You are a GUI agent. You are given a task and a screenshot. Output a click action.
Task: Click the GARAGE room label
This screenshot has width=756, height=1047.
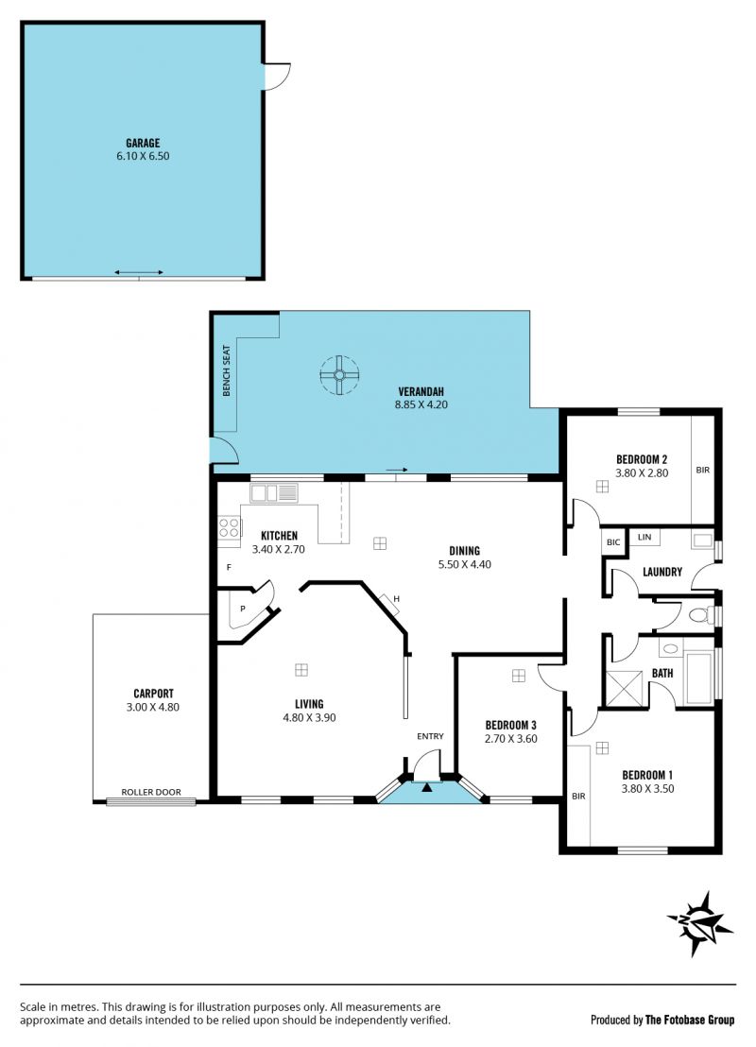(143, 143)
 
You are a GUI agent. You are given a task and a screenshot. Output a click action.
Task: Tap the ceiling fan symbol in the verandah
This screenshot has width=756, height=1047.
(339, 375)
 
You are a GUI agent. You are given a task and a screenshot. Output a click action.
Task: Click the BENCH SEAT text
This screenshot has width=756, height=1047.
(227, 370)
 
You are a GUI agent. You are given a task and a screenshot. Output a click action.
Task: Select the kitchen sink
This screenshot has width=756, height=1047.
(274, 492)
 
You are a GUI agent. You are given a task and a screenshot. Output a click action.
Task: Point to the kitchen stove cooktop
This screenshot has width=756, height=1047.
(229, 527)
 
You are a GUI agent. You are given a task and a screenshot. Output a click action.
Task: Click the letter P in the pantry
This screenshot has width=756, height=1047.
(243, 609)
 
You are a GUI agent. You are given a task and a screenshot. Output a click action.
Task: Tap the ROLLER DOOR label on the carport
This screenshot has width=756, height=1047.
(151, 792)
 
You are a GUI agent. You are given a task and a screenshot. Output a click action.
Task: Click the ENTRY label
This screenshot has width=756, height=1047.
(430, 736)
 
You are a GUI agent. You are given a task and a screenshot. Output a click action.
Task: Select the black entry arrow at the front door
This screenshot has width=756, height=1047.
(427, 787)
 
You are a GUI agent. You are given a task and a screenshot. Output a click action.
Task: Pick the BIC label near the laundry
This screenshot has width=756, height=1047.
(613, 542)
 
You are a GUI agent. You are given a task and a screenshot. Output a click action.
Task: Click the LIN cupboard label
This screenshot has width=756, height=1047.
(644, 537)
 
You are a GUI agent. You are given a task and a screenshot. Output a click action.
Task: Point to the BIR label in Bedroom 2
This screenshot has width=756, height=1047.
(702, 470)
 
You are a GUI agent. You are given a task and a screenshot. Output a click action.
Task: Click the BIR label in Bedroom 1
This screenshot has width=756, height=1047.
(578, 796)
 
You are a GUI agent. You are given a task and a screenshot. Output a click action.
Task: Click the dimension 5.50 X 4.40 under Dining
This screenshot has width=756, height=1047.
(464, 564)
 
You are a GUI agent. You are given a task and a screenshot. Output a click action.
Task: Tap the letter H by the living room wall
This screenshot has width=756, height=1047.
(396, 599)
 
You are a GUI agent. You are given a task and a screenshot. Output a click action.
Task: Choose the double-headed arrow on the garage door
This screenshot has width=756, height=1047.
(139, 272)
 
